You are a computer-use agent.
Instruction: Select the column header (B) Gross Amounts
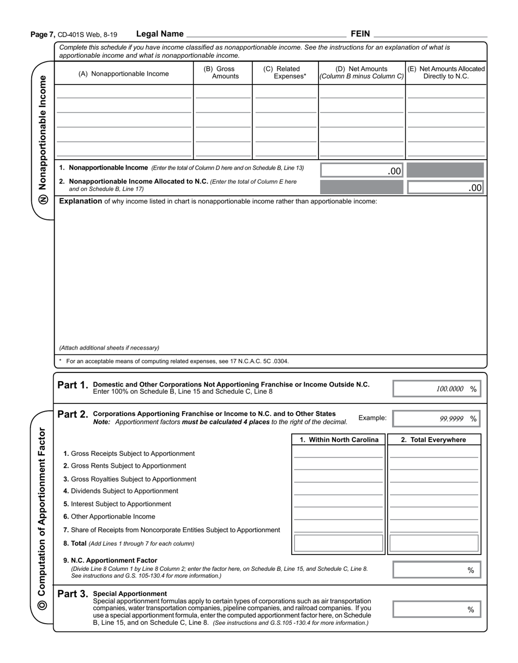tap(222, 73)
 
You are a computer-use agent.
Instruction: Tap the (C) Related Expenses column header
tap(285, 73)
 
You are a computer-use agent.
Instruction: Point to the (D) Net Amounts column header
tap(362, 73)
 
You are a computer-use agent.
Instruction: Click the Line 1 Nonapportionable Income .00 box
tap(362, 171)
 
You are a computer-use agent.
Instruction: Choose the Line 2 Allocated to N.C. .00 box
tap(445, 188)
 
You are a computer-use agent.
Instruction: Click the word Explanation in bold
tap(81, 201)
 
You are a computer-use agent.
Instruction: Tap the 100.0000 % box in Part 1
tap(437, 389)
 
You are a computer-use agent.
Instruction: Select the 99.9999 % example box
tap(437, 419)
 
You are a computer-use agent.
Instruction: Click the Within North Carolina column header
tap(339, 440)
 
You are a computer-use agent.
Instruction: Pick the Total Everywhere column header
tap(433, 440)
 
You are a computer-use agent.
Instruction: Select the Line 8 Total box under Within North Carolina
tap(338, 544)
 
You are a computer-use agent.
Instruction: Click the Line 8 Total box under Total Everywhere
tap(434, 544)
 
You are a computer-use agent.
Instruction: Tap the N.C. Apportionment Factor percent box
tap(437, 570)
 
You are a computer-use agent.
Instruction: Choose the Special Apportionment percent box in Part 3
tap(437, 609)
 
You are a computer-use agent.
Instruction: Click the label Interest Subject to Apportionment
tap(117, 504)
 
